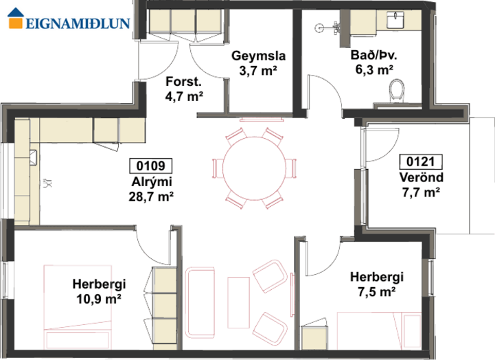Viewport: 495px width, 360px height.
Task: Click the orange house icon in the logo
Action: coord(16,19)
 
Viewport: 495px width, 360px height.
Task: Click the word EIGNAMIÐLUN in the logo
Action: coord(78,23)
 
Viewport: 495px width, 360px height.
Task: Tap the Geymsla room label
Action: coord(259,56)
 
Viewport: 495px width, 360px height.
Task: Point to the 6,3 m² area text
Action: coord(374,69)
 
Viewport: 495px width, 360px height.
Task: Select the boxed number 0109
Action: coord(151,166)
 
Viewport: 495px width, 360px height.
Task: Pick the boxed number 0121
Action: coord(421,161)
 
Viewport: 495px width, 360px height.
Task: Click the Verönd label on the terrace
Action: coord(422,177)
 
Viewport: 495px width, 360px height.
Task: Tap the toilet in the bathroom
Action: coord(397,90)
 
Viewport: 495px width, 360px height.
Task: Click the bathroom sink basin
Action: coord(395,19)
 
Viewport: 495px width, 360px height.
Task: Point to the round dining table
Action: coord(254,168)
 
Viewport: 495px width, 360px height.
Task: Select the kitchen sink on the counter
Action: coord(33,158)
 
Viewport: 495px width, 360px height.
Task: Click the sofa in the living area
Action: coord(200,303)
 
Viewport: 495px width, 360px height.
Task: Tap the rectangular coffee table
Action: coord(239,303)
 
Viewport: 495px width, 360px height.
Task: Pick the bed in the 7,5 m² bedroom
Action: coord(380,330)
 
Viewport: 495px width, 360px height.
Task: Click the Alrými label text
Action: coord(152,182)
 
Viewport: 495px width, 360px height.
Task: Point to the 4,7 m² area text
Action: coord(184,95)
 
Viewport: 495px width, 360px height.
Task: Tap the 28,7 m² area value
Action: coord(151,196)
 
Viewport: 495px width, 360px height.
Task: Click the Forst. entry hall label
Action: coord(184,82)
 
